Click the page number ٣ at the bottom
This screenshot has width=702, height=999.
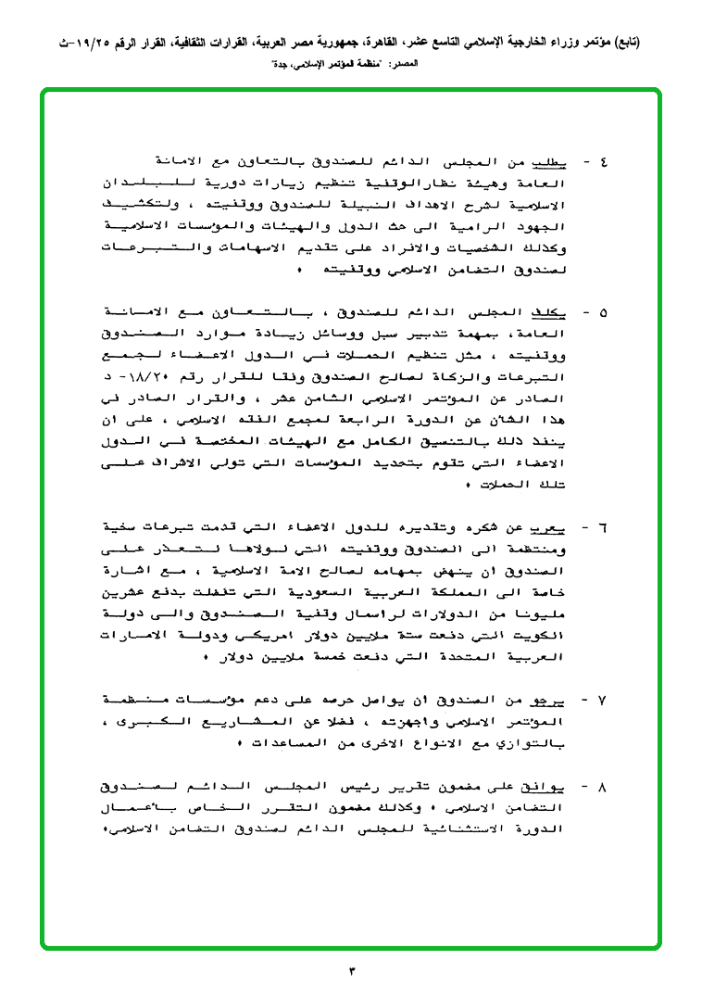352,970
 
